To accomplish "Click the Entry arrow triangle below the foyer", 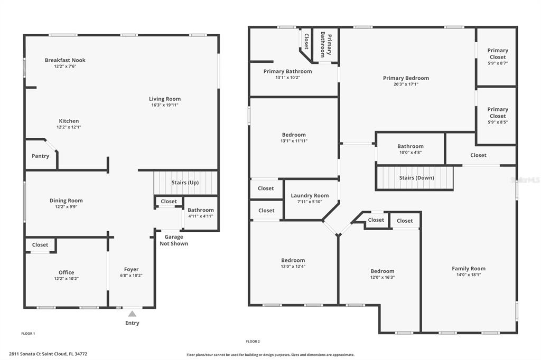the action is pos(132,314).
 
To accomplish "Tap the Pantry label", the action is pos(40,156).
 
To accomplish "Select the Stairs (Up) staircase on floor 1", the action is pos(185,183).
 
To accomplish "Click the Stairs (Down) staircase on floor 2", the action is pos(414,178).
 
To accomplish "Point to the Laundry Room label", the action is pos(310,195).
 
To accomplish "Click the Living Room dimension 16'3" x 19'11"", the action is pos(165,105).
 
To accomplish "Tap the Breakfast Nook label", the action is pos(65,60).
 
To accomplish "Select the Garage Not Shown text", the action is pos(174,240).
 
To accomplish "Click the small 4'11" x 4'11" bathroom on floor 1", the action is pos(201,213).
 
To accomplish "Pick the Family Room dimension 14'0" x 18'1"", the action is pos(469,275).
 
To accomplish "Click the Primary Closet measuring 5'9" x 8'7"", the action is pos(497,57).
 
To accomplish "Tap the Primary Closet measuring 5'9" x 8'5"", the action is pos(497,116).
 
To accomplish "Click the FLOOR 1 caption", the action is pos(29,334).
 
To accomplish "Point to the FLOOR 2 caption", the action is pos(253,342).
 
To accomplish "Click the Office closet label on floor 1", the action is pos(40,245).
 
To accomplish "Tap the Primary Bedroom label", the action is pos(406,78).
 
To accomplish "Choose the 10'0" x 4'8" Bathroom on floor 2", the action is pos(410,149).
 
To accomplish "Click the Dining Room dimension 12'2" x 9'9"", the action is pos(66,207).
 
